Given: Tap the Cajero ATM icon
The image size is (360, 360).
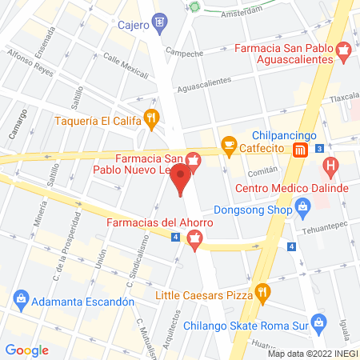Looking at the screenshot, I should [161, 22].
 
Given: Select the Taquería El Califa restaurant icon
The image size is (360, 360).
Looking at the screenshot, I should [150, 121].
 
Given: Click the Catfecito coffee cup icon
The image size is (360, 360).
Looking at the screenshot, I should [230, 145].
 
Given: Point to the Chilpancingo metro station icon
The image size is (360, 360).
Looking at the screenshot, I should [299, 150].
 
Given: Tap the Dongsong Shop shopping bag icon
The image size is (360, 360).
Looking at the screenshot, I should [303, 211].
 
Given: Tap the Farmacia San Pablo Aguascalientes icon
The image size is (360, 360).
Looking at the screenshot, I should [344, 54].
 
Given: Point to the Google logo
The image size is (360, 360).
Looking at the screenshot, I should [27, 350].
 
